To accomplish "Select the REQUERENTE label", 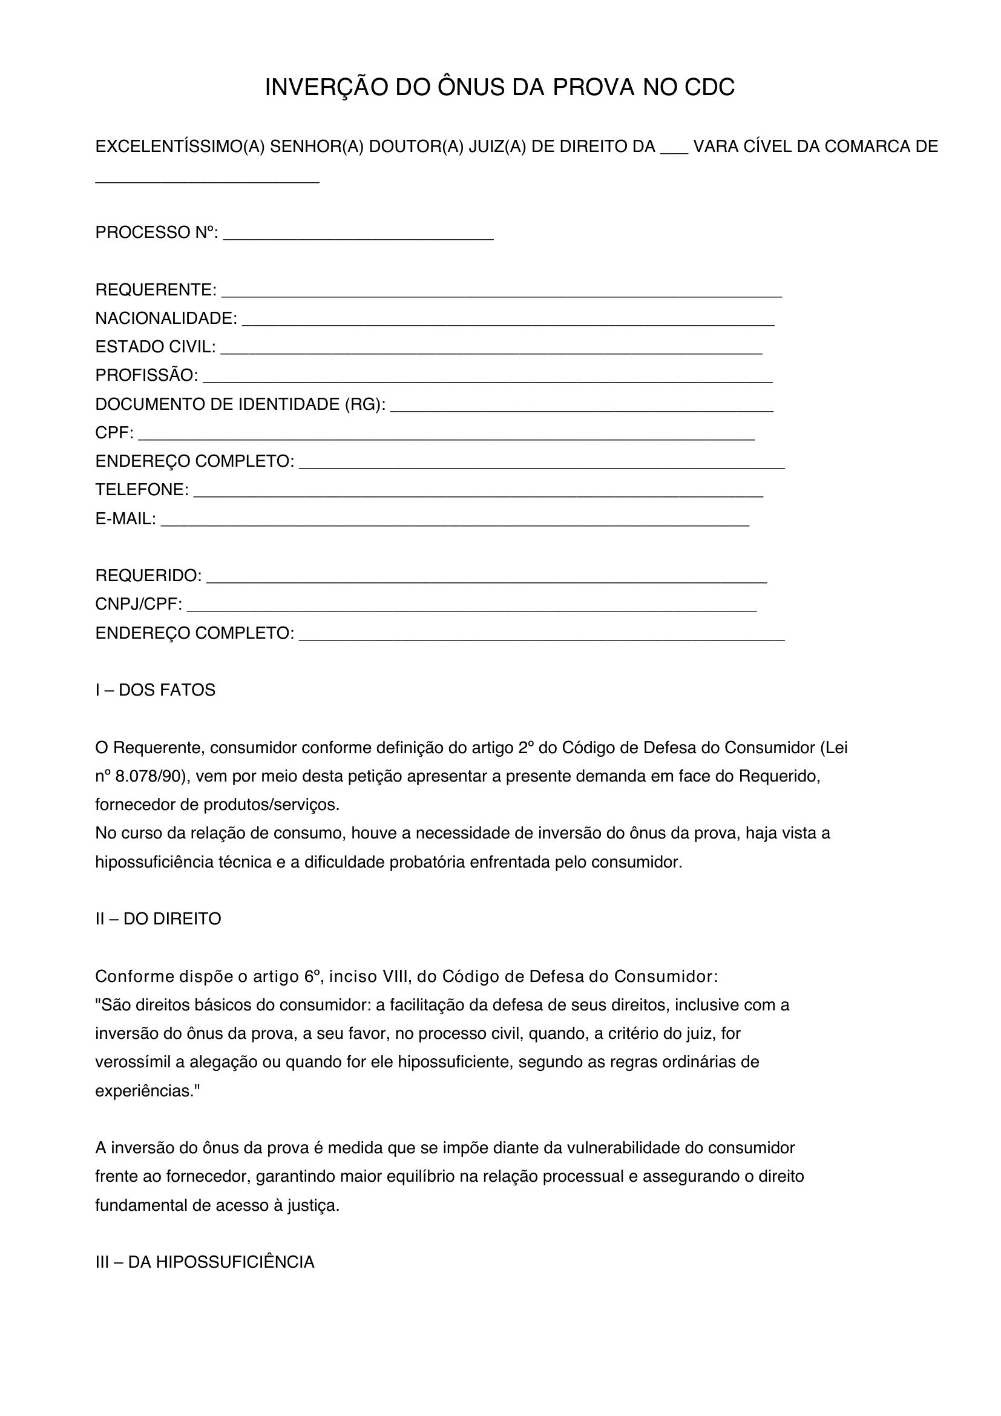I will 156,290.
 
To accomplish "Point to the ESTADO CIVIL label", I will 156,347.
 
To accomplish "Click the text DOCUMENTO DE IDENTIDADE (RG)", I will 240,404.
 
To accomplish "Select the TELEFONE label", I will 142,490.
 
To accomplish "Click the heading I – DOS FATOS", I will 156,690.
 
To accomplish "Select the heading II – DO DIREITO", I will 158,920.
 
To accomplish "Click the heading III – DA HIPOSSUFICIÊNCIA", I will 205,1262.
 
